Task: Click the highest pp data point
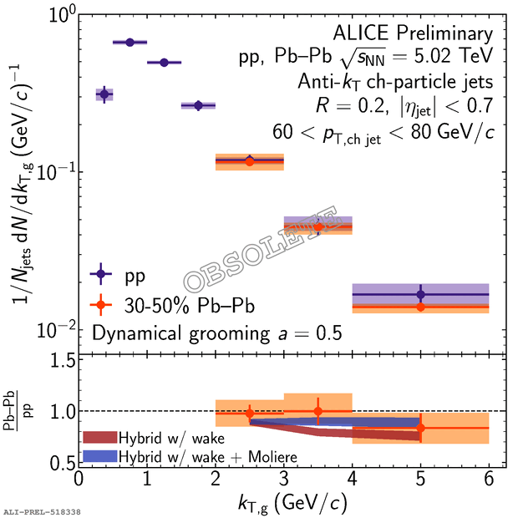tap(129, 42)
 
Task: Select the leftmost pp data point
tap(104, 94)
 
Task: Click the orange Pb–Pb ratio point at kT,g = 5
tap(420, 428)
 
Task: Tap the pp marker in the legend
tap(100, 273)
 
